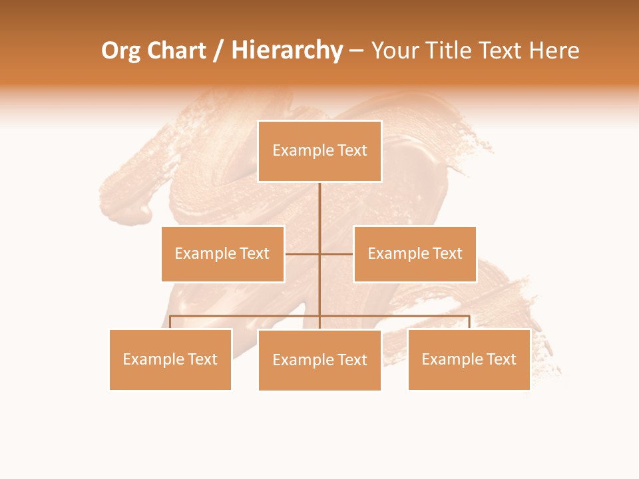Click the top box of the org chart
coord(319,151)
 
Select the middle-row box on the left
coord(222,253)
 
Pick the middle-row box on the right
coord(415,253)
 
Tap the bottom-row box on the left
coord(170,359)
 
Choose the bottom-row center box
coord(319,360)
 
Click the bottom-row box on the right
coord(469,359)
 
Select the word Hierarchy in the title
coord(286,51)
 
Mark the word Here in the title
coord(554,51)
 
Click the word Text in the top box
coord(352,151)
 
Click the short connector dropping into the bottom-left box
coord(170,322)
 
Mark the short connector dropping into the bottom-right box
coord(469,322)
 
